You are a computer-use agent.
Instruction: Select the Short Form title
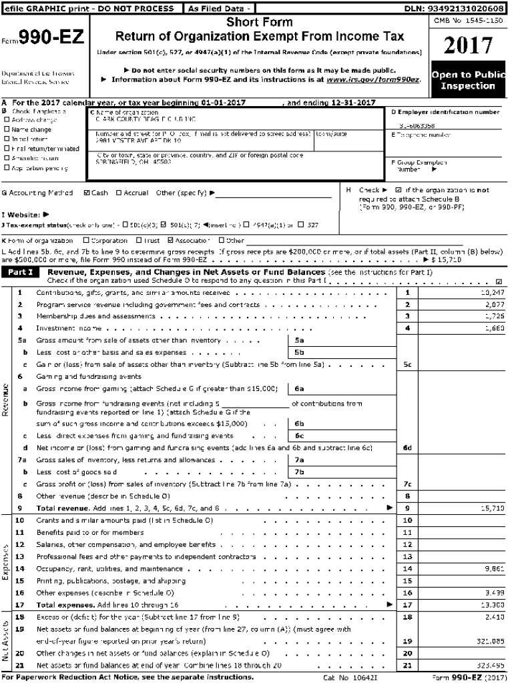260,23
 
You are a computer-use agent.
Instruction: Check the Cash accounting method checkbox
87,193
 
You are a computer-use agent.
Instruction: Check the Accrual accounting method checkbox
119,193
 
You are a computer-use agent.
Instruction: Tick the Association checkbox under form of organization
171,240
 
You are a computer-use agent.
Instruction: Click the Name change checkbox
7,129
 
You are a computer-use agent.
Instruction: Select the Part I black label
22,273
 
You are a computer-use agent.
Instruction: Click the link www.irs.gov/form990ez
374,79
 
